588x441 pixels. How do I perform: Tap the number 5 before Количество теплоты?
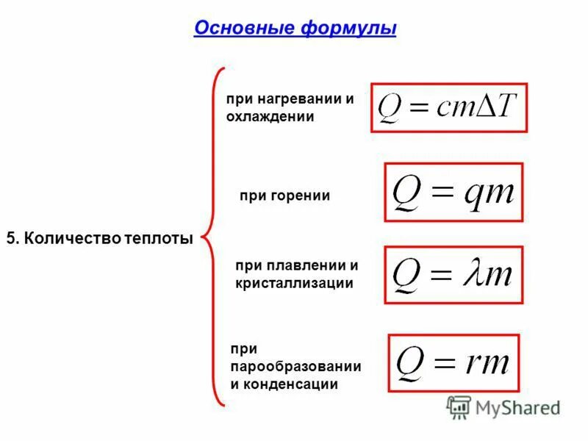pos(10,238)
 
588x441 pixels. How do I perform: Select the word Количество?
pos(65,238)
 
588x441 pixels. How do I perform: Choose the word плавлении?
pos(303,265)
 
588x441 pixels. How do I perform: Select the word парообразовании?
pos(295,366)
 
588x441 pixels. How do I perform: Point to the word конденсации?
pos(291,384)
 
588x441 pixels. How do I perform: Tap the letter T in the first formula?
pos(506,108)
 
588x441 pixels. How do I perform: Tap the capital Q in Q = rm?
pos(409,362)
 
